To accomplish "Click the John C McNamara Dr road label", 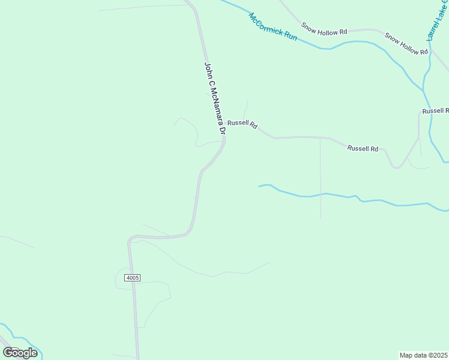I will (214, 98).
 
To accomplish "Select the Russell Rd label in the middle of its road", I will (363, 148).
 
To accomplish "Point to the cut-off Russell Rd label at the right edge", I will (435, 111).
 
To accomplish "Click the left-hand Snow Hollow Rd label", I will (325, 29).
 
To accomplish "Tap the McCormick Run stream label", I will (273, 27).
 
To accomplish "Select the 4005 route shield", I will (133, 277).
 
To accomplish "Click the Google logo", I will (20, 353).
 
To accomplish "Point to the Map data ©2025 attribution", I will (423, 355).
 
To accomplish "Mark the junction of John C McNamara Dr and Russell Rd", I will (224, 137).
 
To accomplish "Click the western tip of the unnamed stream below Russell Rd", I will (259, 186).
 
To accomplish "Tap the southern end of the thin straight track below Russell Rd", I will (321, 218).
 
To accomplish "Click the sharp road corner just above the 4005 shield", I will (129, 240).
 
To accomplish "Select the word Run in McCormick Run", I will (291, 37).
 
